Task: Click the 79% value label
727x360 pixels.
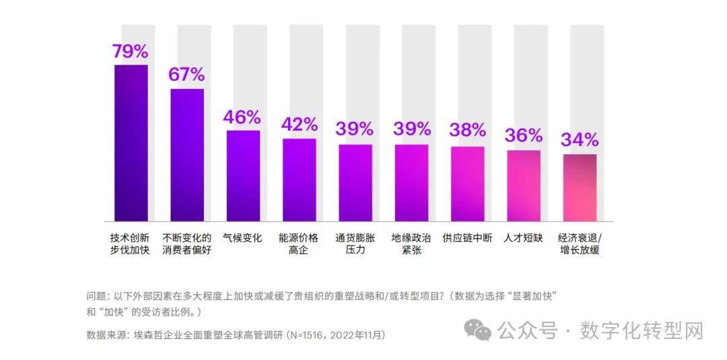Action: click(131, 51)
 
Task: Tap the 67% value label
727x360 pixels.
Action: click(186, 75)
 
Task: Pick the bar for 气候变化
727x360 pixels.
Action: click(243, 175)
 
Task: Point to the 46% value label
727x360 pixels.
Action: click(242, 117)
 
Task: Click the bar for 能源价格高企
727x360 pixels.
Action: click(299, 180)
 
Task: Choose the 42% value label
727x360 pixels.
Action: click(299, 124)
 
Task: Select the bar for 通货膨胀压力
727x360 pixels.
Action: click(355, 182)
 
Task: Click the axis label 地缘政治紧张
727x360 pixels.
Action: click(411, 244)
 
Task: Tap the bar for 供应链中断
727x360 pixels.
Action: click(467, 183)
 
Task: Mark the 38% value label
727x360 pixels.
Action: click(467, 130)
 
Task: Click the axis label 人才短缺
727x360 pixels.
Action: click(523, 238)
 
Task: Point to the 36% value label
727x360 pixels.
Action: click(523, 135)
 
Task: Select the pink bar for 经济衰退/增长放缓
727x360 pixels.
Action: click(580, 187)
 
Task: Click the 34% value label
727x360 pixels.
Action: click(580, 140)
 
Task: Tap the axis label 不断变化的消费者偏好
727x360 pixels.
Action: click(186, 244)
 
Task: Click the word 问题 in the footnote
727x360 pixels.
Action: click(96, 297)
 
